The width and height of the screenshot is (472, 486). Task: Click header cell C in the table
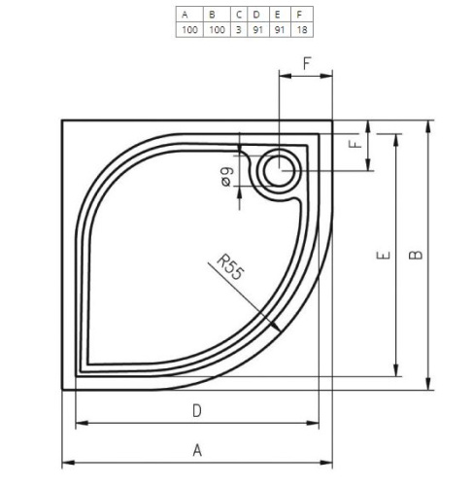[239, 15]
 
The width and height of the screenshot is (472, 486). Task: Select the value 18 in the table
[302, 30]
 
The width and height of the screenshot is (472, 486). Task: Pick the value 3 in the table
[239, 30]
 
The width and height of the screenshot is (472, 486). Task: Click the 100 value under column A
[189, 30]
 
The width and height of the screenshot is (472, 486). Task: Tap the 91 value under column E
[280, 30]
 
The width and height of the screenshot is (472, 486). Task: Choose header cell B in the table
[212, 15]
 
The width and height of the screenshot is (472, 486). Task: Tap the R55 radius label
[229, 267]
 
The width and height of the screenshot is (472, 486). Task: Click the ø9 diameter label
[226, 177]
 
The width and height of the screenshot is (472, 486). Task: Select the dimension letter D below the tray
[197, 411]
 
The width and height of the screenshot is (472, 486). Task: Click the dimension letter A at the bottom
[197, 450]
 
